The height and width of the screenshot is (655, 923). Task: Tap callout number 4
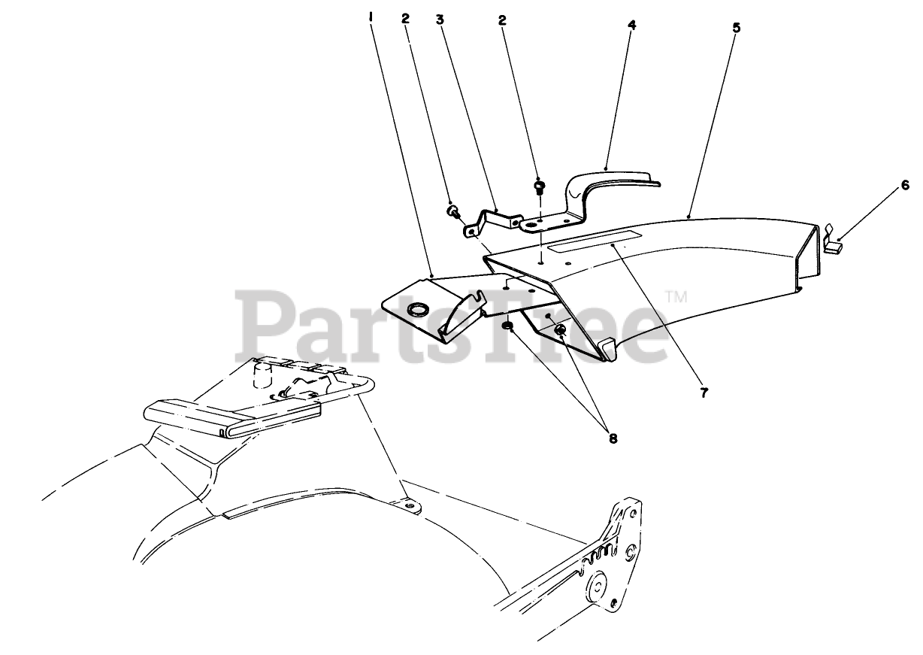[632, 25]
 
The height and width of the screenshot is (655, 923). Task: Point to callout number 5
[736, 28]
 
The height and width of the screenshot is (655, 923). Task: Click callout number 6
[905, 185]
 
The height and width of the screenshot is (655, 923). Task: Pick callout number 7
[704, 393]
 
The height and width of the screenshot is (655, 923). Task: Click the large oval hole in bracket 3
[532, 224]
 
